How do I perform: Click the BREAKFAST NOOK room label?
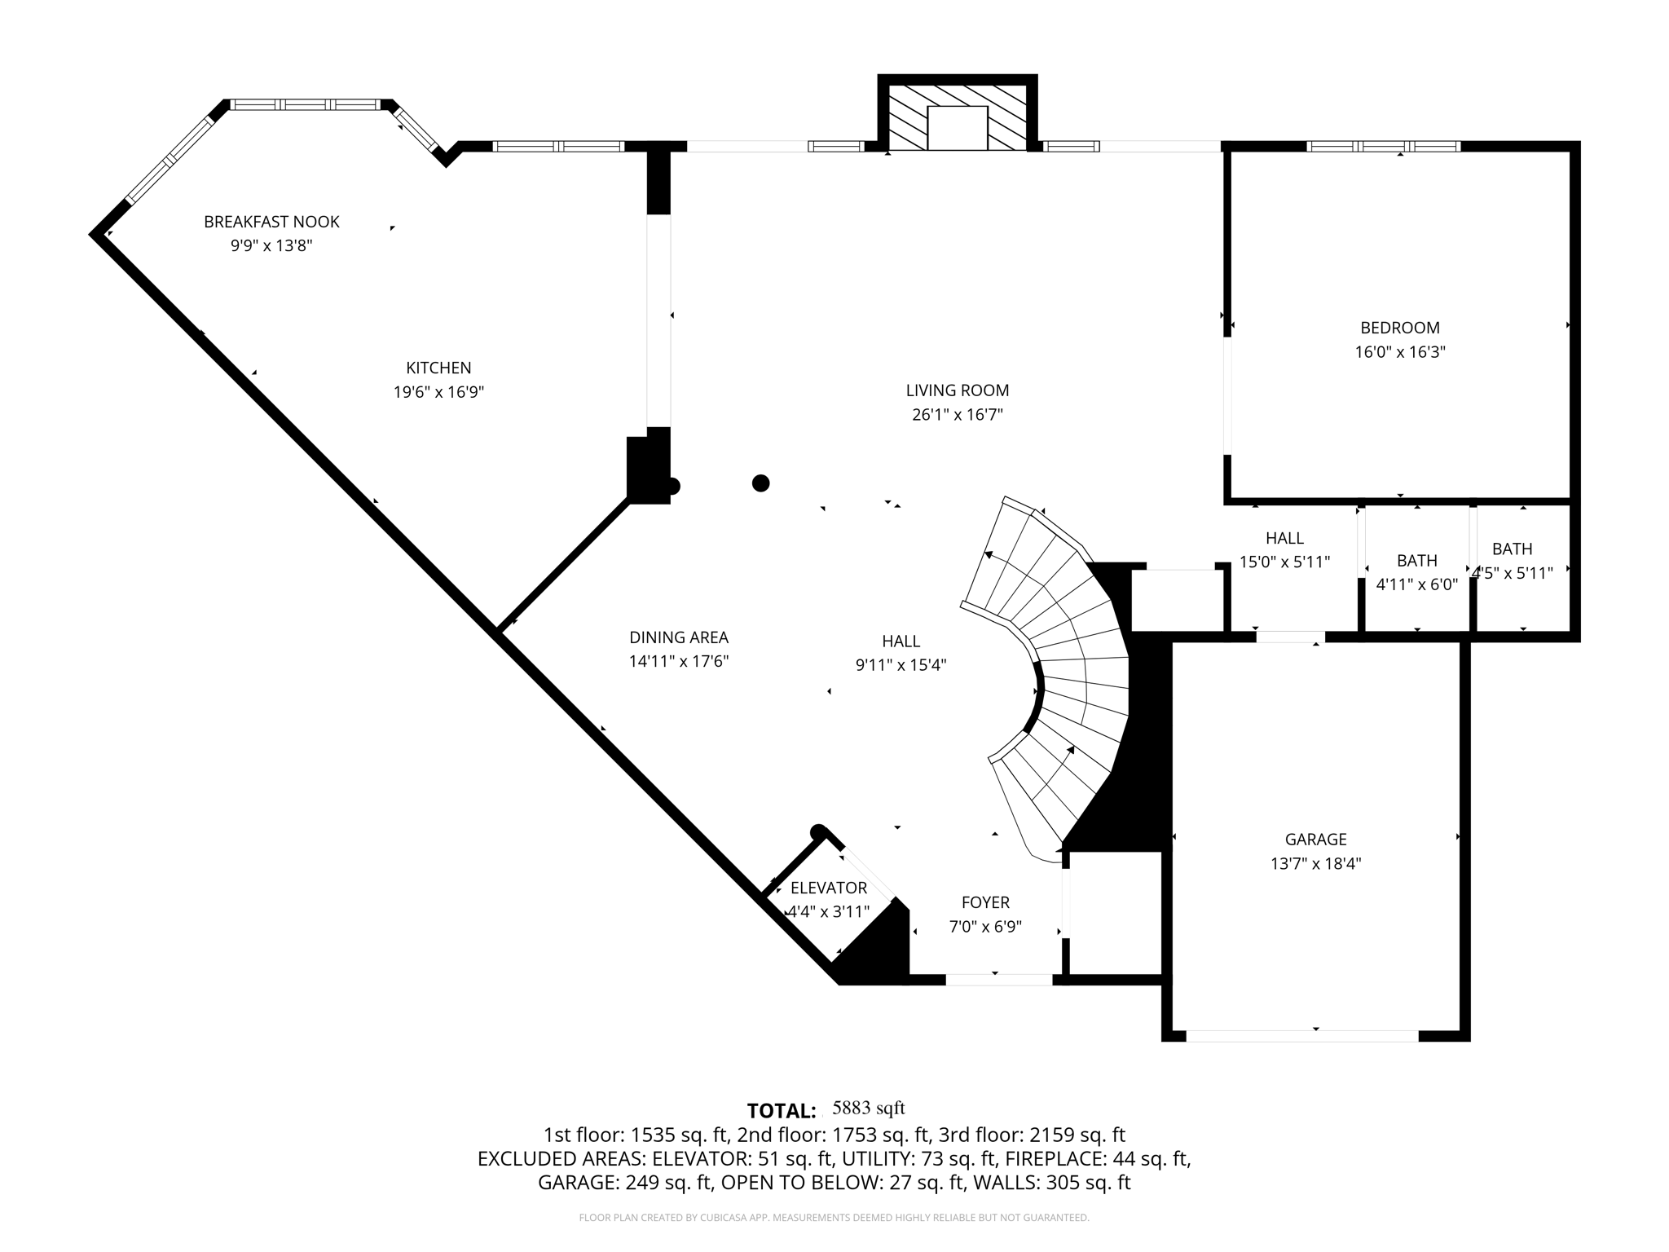pyautogui.click(x=271, y=222)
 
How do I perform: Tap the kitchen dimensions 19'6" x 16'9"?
pyautogui.click(x=438, y=392)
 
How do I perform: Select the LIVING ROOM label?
pyautogui.click(x=958, y=390)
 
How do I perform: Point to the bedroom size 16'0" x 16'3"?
pyautogui.click(x=1400, y=352)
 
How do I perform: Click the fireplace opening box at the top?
pyautogui.click(x=958, y=128)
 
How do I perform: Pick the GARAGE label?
pyautogui.click(x=1315, y=840)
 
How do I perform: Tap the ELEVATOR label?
pyautogui.click(x=828, y=888)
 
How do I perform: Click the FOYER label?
pyautogui.click(x=985, y=902)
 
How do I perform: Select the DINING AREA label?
pyautogui.click(x=679, y=637)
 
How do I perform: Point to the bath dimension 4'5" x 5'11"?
pyautogui.click(x=1513, y=573)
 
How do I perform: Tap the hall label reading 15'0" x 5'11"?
pyautogui.click(x=1284, y=562)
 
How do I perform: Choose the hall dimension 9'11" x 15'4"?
pyautogui.click(x=901, y=665)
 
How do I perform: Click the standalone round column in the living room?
pyautogui.click(x=760, y=483)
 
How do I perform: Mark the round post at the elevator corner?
pyautogui.click(x=818, y=831)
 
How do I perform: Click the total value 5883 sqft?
pyautogui.click(x=868, y=1108)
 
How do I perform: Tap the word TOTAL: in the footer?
pyautogui.click(x=782, y=1111)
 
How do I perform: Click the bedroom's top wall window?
pyautogui.click(x=1383, y=147)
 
